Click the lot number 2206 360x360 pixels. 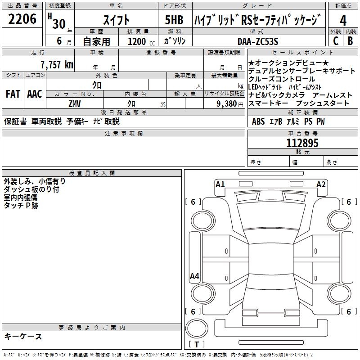click(22, 19)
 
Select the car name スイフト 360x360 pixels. click(116, 20)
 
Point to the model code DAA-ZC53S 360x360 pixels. click(257, 41)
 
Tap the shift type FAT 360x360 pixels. click(13, 94)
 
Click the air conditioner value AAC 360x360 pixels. click(34, 94)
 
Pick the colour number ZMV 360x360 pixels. click(75, 103)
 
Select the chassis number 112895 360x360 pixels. click(302, 143)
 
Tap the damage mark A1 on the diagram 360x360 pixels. click(220, 184)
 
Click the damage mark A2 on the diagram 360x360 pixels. click(321, 184)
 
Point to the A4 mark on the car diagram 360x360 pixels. click(194, 276)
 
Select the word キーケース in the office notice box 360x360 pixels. click(23, 336)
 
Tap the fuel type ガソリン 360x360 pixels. click(175, 41)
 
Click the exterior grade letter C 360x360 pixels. click(335, 41)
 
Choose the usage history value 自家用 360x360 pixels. click(96, 41)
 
